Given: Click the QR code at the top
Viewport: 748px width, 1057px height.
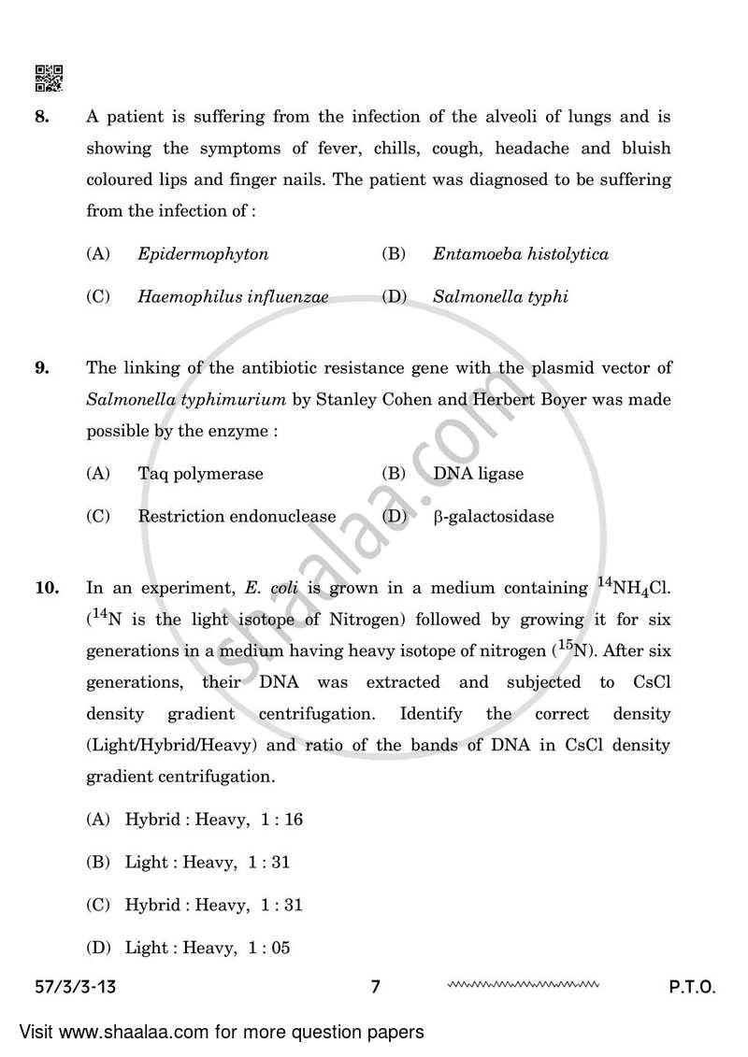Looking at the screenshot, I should (49, 79).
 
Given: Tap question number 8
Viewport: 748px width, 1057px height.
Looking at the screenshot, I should (41, 117).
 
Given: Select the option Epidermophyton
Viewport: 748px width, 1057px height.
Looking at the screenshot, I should (202, 254).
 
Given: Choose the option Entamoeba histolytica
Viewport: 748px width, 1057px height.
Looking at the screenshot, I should (520, 254).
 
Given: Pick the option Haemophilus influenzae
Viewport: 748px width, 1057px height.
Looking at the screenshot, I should (233, 297).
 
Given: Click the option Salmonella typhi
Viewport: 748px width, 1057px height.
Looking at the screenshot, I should (500, 297).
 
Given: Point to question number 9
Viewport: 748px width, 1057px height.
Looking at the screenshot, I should (41, 367).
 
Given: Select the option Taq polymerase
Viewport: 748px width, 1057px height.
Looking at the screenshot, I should (200, 473).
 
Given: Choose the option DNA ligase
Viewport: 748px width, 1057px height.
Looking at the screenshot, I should (478, 473).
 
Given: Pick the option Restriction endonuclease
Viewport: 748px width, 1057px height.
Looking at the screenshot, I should (237, 516).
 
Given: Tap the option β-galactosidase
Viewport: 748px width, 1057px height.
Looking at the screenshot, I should (493, 516).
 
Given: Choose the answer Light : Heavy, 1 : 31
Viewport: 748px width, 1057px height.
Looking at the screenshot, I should (208, 863).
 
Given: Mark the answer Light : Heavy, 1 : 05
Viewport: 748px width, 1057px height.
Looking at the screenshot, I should (208, 948).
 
